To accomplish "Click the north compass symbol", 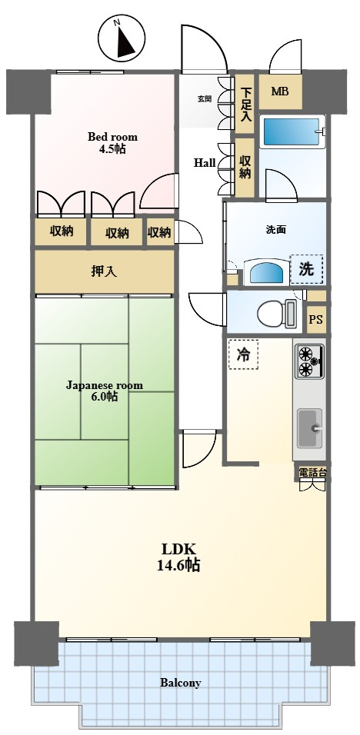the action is [x=121, y=38].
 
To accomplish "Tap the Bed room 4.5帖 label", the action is [x=113, y=143].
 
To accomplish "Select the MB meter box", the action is [x=280, y=91].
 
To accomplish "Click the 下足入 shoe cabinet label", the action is [x=244, y=105].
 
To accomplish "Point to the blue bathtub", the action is [x=292, y=131].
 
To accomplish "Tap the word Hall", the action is [x=205, y=163].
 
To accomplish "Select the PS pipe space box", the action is [x=315, y=320].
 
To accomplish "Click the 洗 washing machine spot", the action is [x=306, y=270].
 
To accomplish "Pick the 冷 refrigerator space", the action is [x=243, y=355].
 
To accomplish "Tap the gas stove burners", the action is [x=309, y=361].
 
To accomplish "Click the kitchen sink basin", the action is [x=309, y=428].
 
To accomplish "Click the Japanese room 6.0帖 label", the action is [x=104, y=391].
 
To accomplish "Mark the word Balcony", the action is [x=181, y=683].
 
